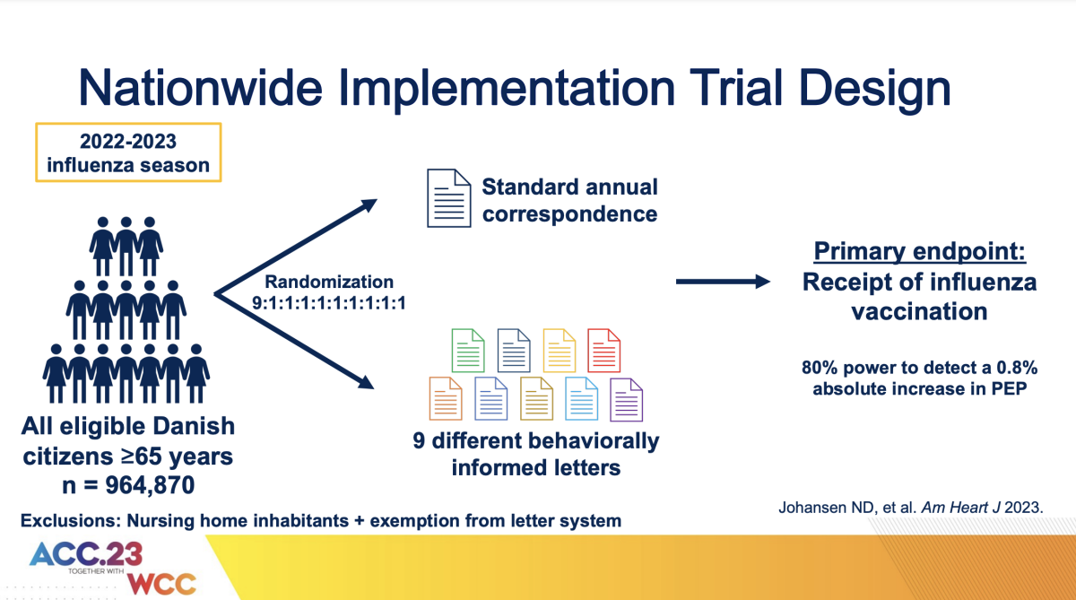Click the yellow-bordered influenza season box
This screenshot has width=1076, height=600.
(x=128, y=152)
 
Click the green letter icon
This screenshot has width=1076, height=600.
(x=467, y=351)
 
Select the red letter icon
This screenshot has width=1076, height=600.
(x=603, y=351)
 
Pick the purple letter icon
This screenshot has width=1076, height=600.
(x=626, y=400)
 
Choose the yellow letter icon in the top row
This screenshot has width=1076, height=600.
(x=559, y=351)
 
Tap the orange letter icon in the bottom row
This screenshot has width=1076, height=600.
(x=446, y=399)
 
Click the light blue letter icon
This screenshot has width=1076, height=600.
(x=581, y=399)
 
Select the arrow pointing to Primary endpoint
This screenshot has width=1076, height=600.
(x=723, y=283)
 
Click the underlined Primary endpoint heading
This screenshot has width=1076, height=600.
(x=919, y=252)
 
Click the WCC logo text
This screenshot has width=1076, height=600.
(x=161, y=583)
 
